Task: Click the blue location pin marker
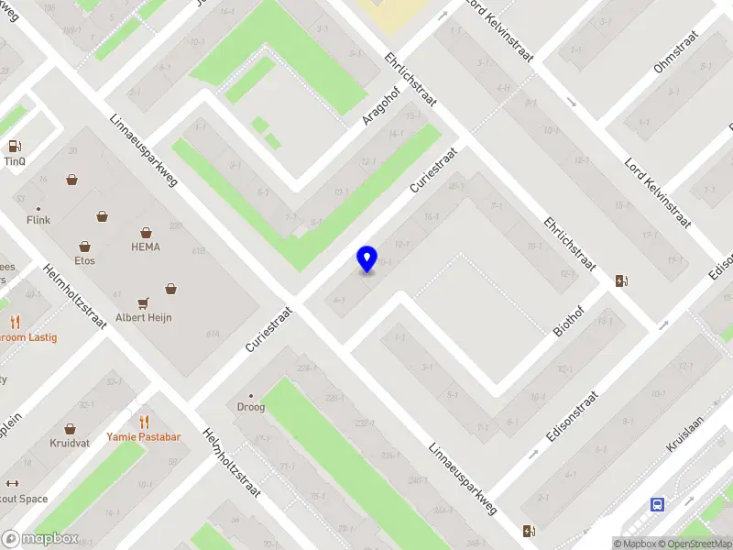coord(366,258)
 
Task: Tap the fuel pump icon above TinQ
coord(15,146)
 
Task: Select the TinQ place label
coord(15,160)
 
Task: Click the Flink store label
coord(38,220)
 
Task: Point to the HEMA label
coord(145,247)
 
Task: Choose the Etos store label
coord(85,260)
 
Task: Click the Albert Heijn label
coord(143,317)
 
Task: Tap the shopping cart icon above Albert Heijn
coord(143,302)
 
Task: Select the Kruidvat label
coord(70,443)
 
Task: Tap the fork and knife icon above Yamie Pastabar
coord(143,422)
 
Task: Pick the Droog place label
coord(251,407)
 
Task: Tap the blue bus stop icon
coord(657,504)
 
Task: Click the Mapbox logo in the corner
coord(40,539)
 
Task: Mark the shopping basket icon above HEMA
coord(145,233)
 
